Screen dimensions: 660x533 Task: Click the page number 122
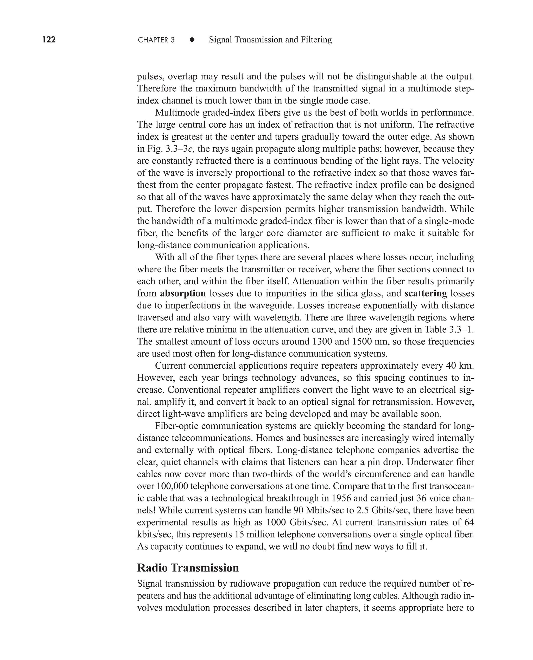[x=49, y=40]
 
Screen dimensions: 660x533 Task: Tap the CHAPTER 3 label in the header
[x=156, y=40]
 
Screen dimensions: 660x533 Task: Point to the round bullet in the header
[x=192, y=40]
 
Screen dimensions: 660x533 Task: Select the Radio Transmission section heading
[x=188, y=568]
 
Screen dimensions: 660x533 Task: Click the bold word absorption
[x=183, y=293]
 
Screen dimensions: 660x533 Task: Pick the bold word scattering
[x=426, y=293]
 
